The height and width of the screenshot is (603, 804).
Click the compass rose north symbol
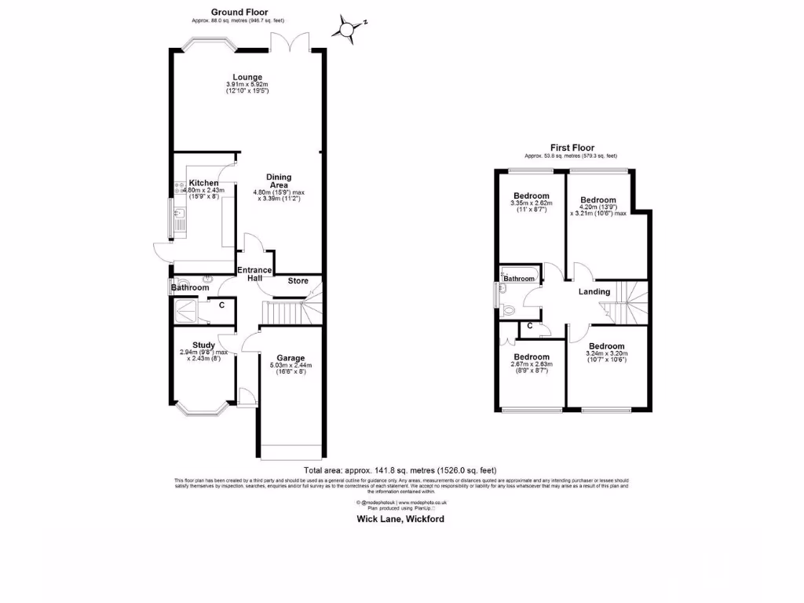346,28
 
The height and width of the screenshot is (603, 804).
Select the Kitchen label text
203,183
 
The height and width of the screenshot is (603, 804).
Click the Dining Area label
279,181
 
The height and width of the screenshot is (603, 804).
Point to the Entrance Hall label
254,275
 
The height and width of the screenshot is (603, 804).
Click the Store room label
298,281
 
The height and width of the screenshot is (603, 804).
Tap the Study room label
203,345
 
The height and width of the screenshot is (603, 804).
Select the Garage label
290,358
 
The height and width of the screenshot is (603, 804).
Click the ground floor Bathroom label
191,288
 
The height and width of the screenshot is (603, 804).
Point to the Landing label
594,292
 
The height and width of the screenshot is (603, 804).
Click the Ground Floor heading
239,13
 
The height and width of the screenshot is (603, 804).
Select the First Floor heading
572,148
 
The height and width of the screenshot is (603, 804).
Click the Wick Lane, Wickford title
401,519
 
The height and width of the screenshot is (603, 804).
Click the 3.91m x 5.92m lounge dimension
247,85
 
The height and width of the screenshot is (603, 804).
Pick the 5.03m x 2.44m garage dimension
290,366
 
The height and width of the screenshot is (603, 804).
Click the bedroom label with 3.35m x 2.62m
531,196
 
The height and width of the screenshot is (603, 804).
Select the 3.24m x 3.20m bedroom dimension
607,354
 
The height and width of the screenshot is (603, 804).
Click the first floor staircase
630,302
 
